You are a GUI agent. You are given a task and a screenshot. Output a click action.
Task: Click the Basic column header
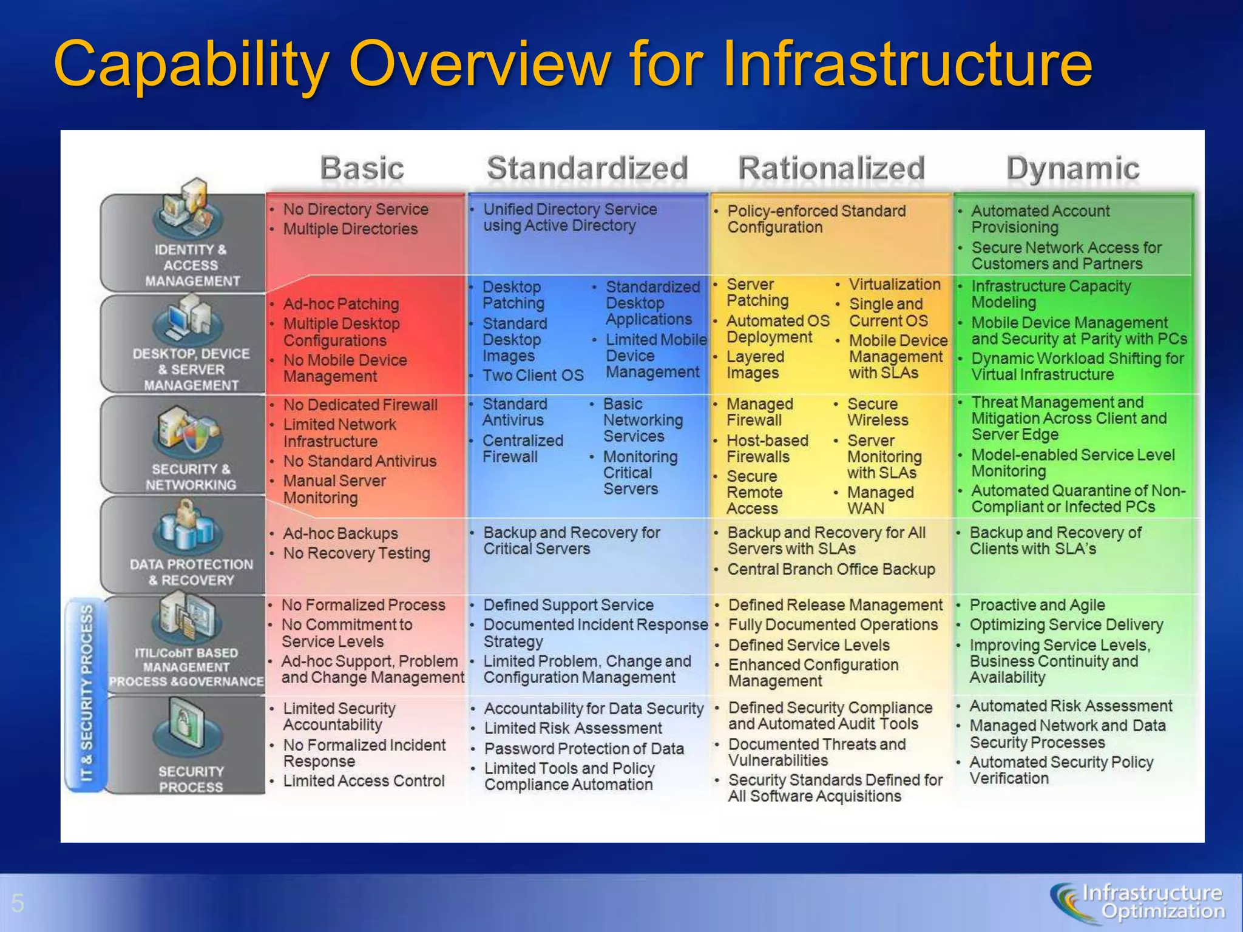pos(362,168)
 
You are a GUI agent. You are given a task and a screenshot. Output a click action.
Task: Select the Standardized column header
pos(588,168)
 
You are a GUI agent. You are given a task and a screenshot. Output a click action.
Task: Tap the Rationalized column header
pos(831,168)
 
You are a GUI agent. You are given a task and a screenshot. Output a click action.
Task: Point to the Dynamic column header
pos(1072,168)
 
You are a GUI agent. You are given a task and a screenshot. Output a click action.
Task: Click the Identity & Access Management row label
pos(190,265)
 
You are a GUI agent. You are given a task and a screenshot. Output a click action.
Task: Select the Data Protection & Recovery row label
pos(191,572)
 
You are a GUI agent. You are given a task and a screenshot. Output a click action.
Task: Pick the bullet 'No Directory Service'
pos(355,209)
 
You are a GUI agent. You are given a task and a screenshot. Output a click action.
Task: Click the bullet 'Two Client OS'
pos(532,376)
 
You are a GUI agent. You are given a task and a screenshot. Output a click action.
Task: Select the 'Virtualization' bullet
pos(894,285)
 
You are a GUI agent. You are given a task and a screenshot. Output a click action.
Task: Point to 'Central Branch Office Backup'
pos(830,569)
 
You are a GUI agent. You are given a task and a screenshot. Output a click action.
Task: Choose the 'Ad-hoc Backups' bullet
pos(340,533)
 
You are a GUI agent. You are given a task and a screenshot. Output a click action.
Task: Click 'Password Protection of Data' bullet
pos(583,749)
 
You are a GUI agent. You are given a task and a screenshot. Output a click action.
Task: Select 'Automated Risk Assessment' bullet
pos(1070,706)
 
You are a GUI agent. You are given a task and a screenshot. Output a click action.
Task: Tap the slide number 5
pos(18,903)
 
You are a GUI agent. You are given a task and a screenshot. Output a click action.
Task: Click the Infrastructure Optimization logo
pos(1137,902)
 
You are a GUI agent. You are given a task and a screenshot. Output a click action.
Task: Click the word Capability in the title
pos(192,64)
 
